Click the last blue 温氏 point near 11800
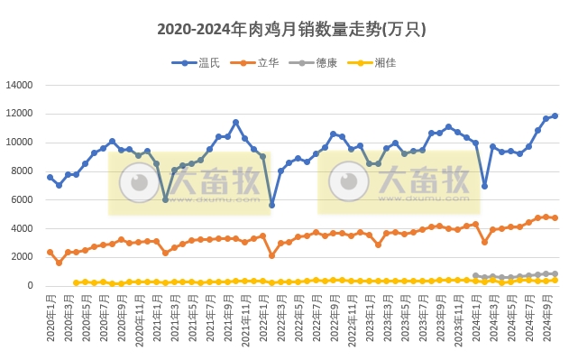pos(555,115)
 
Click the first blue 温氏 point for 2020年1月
pos(50,177)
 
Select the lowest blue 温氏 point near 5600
pos(271,205)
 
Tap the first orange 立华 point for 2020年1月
pos(50,252)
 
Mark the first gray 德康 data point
pos(475,276)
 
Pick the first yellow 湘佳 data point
pos(76,282)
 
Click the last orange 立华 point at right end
pos(555,217)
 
